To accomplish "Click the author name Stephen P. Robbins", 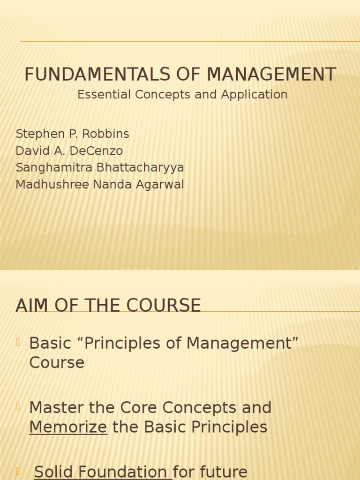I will [72, 134].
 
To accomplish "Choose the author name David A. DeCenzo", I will [69, 151].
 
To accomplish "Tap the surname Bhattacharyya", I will [140, 168].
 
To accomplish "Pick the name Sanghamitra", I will [54, 168].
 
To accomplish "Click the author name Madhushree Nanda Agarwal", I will [100, 185].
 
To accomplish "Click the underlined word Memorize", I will [68, 427].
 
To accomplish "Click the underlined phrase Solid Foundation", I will [101, 472].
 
